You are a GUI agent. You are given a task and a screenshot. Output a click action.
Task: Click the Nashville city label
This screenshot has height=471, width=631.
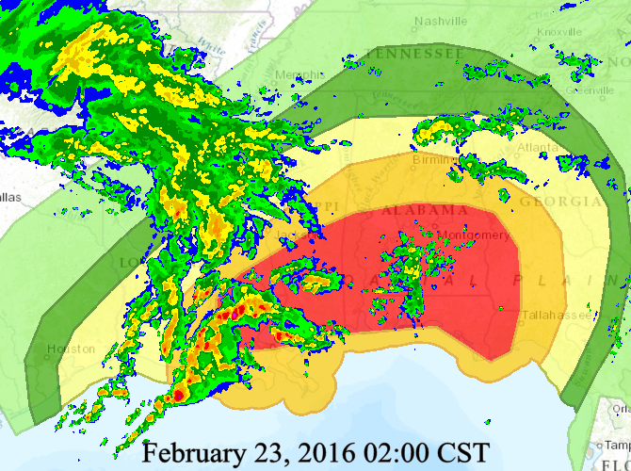[x=442, y=21]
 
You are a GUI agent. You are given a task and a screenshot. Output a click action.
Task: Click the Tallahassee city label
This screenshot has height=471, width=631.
[x=560, y=315]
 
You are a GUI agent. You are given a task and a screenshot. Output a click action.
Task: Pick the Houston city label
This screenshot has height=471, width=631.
[x=72, y=349]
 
